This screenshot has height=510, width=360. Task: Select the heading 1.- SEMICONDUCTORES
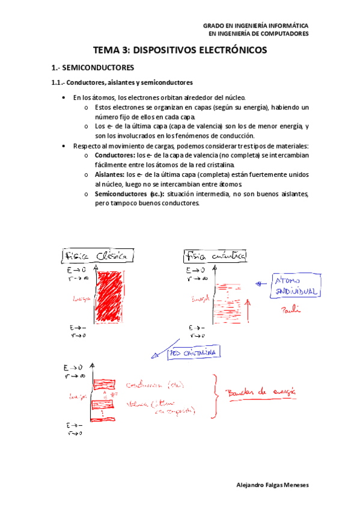coord(93,68)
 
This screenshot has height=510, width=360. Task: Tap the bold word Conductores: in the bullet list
coord(114,155)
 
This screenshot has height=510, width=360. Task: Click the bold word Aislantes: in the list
coord(109,174)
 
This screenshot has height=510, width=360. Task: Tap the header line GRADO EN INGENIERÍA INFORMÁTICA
coord(255,26)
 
